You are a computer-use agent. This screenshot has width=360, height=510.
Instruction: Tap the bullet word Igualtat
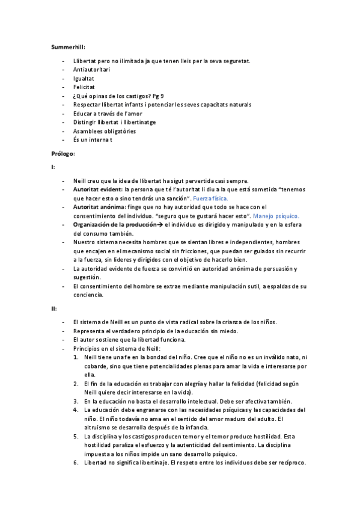coord(83,78)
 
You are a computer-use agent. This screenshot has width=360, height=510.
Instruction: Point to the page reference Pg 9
coord(159,96)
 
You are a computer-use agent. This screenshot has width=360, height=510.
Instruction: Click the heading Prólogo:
coord(63,153)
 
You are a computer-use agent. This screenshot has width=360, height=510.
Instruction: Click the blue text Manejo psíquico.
coord(275,215)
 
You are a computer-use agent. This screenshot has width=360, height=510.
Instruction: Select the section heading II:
coord(53,308)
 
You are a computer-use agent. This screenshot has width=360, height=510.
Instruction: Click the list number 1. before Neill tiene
coord(76,357)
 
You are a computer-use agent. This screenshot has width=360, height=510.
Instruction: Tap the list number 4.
coord(76,409)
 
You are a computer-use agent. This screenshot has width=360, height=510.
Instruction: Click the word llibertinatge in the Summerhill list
coord(136,122)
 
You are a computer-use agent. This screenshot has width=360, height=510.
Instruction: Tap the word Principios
coord(88,348)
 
